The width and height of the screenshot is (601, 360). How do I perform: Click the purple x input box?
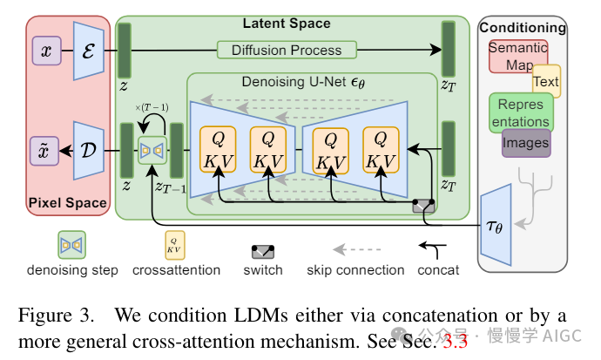click(x=45, y=51)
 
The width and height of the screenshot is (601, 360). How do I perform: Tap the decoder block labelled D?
click(x=89, y=149)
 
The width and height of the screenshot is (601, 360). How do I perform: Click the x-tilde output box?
click(x=45, y=149)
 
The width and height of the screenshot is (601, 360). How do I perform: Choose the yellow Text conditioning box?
click(x=546, y=82)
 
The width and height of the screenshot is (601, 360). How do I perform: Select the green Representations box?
click(x=521, y=112)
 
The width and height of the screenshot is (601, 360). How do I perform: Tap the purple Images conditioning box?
click(x=526, y=143)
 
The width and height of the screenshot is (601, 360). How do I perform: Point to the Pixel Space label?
click(x=67, y=204)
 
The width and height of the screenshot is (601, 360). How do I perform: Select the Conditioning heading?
click(x=523, y=28)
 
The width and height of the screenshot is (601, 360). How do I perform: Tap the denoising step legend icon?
click(x=72, y=245)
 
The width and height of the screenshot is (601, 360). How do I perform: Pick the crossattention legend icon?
click(x=174, y=245)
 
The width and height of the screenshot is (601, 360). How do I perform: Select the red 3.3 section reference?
click(x=455, y=341)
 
